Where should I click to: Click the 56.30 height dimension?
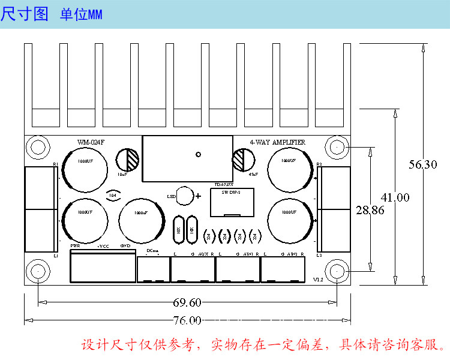pos(423,164)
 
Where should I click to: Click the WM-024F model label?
pos(91,142)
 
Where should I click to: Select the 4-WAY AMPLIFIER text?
pos(277,142)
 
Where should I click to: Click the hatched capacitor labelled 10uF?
pos(127,160)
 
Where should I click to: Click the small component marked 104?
pos(112,195)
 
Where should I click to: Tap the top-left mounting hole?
pos(38,146)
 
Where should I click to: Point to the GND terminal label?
pos(125,246)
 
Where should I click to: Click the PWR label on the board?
pos(75,246)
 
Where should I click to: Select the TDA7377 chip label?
pos(223,185)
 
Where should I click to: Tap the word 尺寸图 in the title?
pos(25,14)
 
